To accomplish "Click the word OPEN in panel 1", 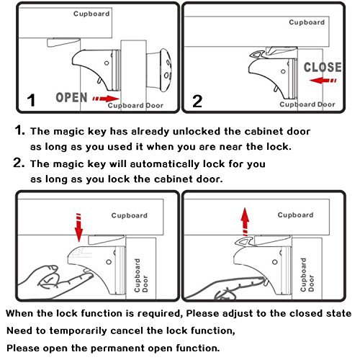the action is [71, 97].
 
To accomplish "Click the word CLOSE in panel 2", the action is [323, 67].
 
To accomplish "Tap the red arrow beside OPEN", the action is [106, 99].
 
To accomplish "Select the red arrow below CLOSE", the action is [323, 81].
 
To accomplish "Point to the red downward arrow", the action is [78, 228].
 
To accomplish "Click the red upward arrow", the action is [245, 222].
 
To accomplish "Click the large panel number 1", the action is [31, 100].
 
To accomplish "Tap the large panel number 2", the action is [197, 102].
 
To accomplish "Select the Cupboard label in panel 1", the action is [91, 14].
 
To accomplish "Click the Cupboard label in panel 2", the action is [307, 22].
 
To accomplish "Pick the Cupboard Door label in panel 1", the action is [135, 105].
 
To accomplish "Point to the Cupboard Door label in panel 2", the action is [307, 104].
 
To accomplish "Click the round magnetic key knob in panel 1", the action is [166, 71].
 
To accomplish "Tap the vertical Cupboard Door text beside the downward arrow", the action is [141, 275].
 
